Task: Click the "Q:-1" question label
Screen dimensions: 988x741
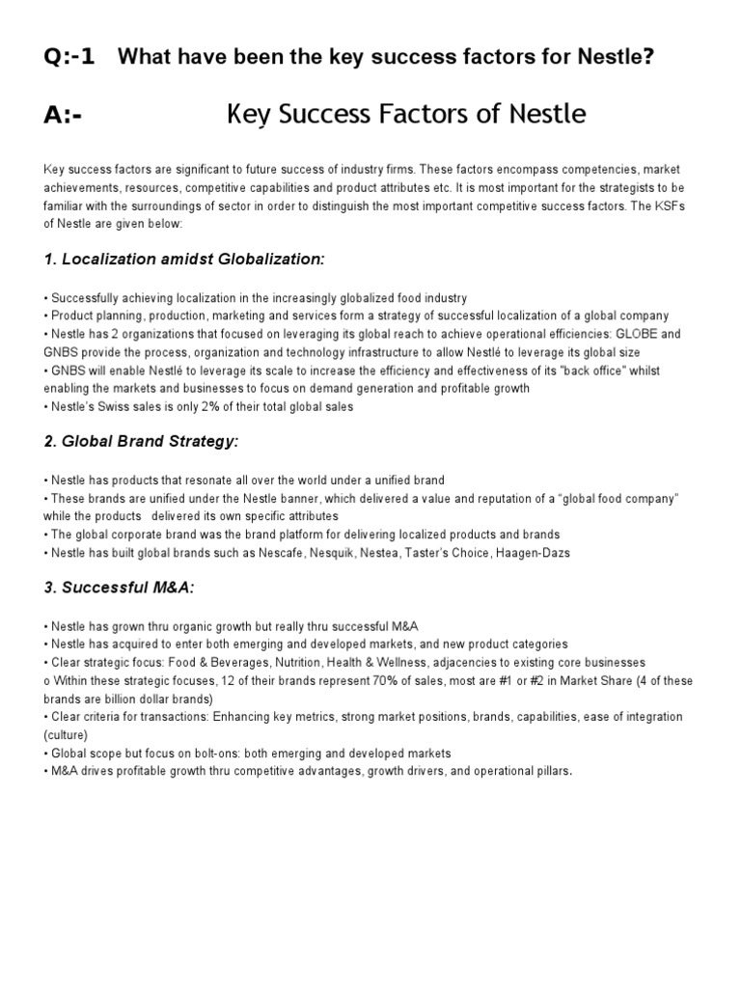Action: tap(69, 57)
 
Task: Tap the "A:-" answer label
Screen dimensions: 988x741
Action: tap(63, 116)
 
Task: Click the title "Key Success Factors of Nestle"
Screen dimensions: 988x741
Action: tap(405, 115)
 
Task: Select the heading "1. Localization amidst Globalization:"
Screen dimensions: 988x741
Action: tap(184, 260)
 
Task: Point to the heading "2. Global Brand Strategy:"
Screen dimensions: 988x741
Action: tap(141, 441)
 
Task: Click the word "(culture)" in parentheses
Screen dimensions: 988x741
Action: tap(69, 735)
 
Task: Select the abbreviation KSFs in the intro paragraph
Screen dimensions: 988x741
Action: tap(685, 206)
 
